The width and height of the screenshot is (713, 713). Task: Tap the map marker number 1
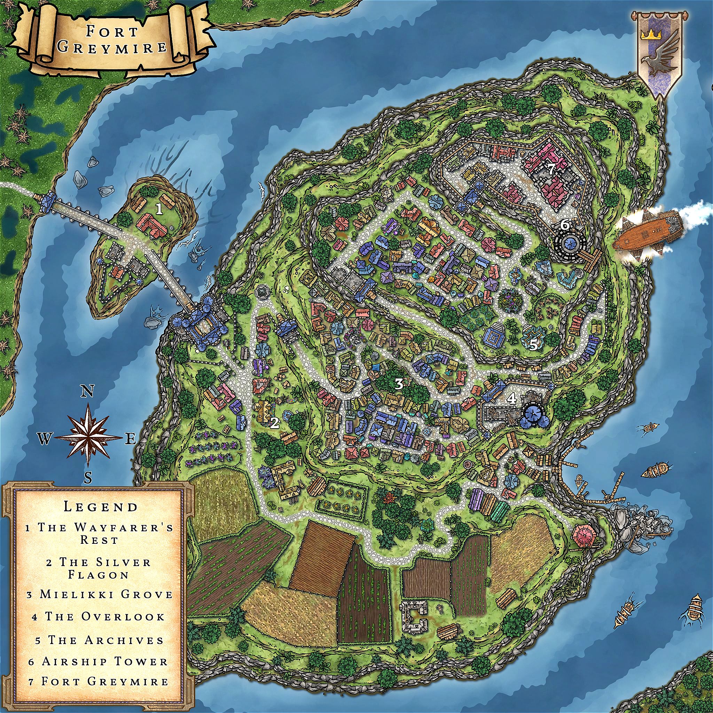tap(159, 210)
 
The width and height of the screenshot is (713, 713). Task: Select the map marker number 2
tap(274, 423)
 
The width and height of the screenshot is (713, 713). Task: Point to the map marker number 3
tap(399, 384)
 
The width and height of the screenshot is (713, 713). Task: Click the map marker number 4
tap(512, 398)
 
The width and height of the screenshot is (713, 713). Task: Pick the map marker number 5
tap(533, 344)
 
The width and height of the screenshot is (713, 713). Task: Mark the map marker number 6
tap(565, 224)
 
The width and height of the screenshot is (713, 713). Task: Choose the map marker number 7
tap(550, 170)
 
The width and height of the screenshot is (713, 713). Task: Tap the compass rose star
tap(88, 438)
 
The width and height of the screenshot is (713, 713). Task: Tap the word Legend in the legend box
tap(100, 506)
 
